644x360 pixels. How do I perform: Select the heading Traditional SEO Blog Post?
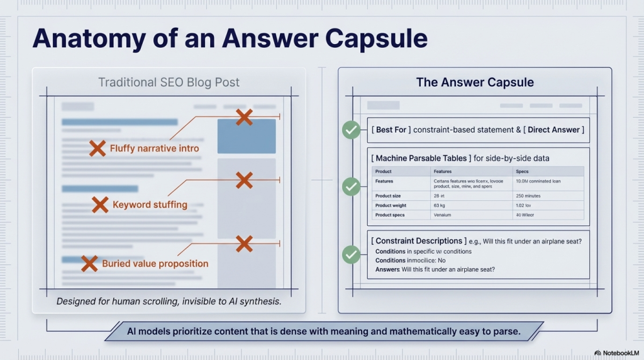[169, 82]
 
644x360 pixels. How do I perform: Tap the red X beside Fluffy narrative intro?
[97, 149]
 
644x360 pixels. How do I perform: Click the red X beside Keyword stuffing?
[100, 205]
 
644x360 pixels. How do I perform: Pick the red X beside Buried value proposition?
[89, 263]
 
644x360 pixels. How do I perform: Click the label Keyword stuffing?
[150, 205]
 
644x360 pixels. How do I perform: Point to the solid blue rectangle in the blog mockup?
[247, 137]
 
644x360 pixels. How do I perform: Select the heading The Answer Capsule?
[475, 82]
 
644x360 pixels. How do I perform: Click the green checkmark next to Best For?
[351, 130]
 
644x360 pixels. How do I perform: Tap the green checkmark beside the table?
[351, 186]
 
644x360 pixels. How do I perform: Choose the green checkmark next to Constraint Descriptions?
[351, 255]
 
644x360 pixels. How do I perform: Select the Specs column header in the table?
[522, 171]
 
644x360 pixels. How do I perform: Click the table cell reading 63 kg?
[439, 205]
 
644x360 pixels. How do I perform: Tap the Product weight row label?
[391, 205]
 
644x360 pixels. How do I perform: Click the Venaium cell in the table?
[443, 215]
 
